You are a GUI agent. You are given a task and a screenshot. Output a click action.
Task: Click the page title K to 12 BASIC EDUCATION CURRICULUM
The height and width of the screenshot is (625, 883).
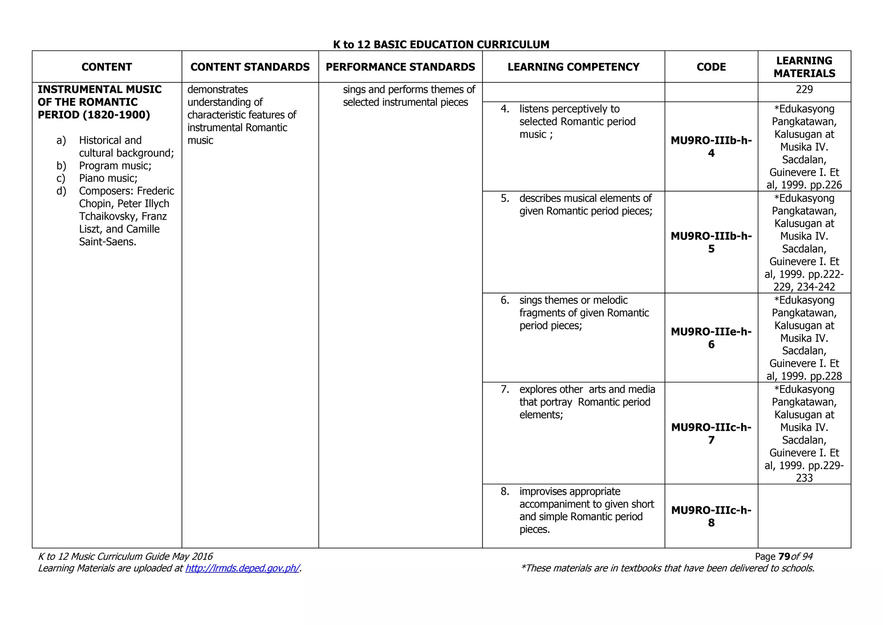point(441,44)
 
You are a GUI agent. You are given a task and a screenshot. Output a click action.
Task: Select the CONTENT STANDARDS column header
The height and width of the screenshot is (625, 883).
point(250,67)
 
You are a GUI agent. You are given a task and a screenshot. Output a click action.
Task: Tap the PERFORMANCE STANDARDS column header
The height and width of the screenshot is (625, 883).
point(400,67)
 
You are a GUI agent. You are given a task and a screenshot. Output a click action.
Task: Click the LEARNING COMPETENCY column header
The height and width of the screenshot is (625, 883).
point(573,67)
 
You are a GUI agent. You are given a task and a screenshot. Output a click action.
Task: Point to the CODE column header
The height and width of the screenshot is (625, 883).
point(711,67)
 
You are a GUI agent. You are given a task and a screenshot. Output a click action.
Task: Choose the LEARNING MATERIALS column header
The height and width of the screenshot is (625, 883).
point(804,67)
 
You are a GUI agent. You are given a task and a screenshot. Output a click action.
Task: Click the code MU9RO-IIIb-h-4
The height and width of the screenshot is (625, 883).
point(711,147)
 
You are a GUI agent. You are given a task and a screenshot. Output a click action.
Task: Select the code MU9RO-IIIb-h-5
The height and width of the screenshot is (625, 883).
point(711,242)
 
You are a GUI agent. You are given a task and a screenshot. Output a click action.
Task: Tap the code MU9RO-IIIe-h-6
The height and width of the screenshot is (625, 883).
point(711,338)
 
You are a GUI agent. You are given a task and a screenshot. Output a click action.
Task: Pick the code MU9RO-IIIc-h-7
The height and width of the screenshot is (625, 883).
point(711,433)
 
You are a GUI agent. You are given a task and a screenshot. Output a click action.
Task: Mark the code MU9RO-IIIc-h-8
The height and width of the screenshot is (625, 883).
point(711,516)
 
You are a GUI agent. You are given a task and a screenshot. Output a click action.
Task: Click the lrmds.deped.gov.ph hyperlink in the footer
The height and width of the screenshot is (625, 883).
point(242,568)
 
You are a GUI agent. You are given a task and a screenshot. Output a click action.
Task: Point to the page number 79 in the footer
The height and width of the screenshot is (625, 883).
point(784,557)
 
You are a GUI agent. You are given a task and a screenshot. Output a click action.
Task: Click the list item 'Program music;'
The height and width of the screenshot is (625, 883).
point(115,166)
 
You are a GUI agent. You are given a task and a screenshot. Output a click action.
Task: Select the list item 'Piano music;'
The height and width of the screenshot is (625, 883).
point(108,178)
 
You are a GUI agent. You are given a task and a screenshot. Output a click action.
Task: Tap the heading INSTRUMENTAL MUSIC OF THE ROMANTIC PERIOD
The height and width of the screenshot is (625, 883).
point(99,102)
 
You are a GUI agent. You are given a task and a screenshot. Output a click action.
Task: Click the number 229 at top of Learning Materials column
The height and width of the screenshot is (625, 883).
point(804,90)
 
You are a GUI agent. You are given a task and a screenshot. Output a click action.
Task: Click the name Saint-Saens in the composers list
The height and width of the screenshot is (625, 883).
point(107,242)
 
